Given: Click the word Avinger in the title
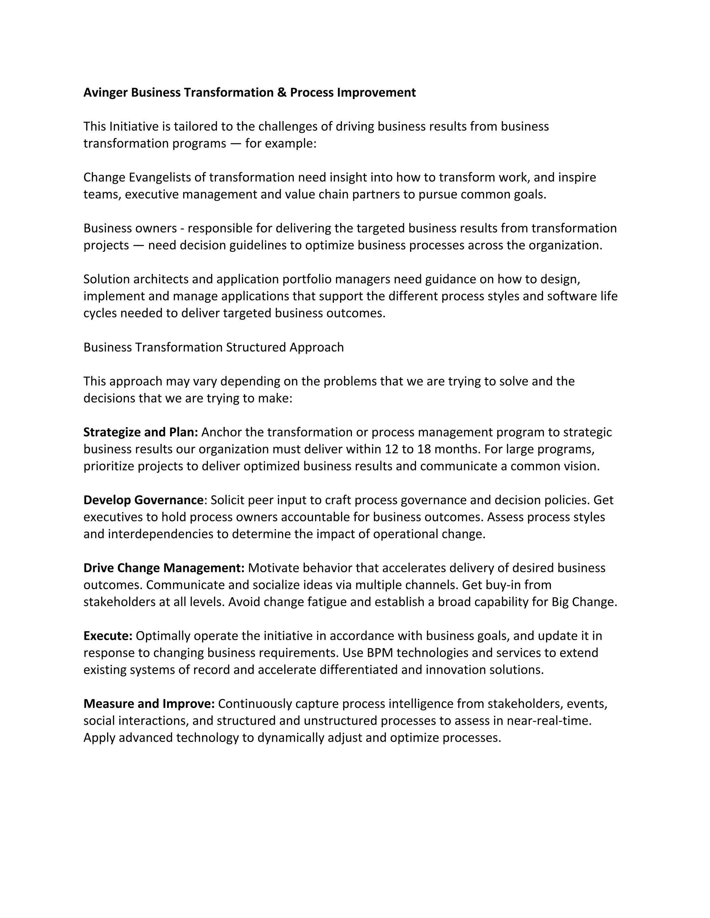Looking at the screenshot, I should tap(106, 92).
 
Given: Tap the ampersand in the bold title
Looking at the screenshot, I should tap(282, 92).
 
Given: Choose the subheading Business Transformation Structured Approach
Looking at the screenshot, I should tap(214, 347).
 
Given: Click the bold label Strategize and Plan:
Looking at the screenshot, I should tap(140, 432).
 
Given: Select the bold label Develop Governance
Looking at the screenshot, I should tap(144, 500).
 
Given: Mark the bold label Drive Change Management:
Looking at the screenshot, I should tap(164, 568).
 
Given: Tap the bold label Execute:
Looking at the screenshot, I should tap(108, 636).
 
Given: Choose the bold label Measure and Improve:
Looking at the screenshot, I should tap(149, 704).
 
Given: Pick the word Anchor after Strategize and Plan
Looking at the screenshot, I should tap(221, 432).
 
